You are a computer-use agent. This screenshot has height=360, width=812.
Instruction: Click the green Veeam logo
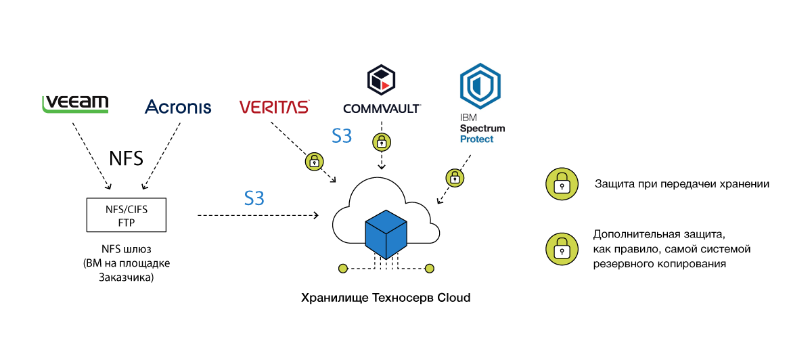(x=75, y=104)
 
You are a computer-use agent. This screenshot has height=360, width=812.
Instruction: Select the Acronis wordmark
(x=178, y=106)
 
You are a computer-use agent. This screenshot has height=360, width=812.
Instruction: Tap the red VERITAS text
(x=274, y=107)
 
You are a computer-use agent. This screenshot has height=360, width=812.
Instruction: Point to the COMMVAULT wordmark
(x=382, y=108)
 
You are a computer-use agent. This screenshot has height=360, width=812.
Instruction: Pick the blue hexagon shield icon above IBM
(x=479, y=87)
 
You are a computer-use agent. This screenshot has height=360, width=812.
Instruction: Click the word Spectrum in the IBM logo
(x=482, y=129)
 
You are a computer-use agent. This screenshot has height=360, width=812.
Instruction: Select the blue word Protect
(x=477, y=139)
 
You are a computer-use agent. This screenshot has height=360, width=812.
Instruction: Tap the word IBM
(x=468, y=118)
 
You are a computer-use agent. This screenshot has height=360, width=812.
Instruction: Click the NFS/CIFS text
(x=127, y=209)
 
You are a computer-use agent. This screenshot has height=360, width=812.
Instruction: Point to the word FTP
(x=127, y=222)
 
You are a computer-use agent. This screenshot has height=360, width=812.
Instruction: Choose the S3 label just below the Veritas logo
(x=342, y=136)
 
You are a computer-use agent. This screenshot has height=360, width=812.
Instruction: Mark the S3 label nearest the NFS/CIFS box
(x=254, y=198)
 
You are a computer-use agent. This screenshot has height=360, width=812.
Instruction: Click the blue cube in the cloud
(x=386, y=234)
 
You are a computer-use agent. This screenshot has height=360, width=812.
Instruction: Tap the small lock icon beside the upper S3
(x=382, y=142)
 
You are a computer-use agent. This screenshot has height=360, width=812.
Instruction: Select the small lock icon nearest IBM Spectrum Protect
(x=455, y=178)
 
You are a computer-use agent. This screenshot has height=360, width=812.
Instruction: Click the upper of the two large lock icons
(x=562, y=184)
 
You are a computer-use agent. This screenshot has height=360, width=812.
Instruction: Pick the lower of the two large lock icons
(x=562, y=249)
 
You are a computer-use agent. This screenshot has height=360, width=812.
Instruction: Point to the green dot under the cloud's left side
(x=343, y=269)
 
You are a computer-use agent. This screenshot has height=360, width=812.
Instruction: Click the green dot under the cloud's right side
(x=430, y=269)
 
